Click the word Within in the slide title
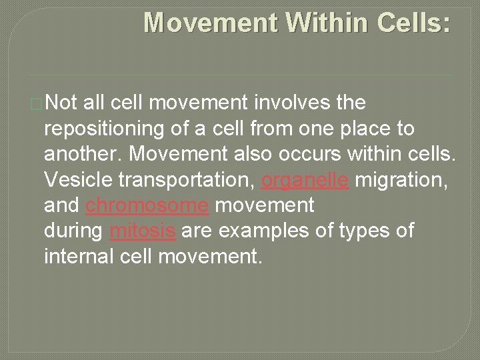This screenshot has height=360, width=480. tap(327, 23)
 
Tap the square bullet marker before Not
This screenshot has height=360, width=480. tap(37, 104)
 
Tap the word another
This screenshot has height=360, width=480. tap(83, 154)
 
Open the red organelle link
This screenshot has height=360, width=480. tap(305, 180)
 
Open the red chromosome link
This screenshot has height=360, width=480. tap(147, 205)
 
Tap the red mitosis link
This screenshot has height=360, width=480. tap(143, 231)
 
